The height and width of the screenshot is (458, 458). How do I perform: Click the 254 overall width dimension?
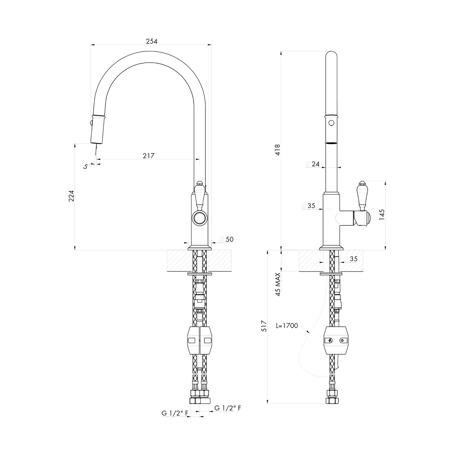click(x=152, y=41)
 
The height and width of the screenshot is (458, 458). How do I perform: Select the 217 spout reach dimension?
click(x=148, y=156)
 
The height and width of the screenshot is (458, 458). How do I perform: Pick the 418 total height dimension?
click(x=277, y=150)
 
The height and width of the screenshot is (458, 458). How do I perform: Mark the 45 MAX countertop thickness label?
click(x=278, y=284)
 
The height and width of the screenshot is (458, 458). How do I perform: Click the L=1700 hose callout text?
click(x=287, y=326)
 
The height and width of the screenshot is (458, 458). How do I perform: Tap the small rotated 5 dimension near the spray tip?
click(x=85, y=166)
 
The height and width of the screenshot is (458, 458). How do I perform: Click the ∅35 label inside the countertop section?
click(x=351, y=259)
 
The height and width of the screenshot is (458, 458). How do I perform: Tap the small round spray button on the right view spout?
click(x=331, y=123)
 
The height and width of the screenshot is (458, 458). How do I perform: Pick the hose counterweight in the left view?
click(x=199, y=340)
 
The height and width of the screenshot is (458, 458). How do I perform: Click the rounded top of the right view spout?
click(x=331, y=55)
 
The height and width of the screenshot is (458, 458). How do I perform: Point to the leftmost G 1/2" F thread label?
click(x=175, y=413)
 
